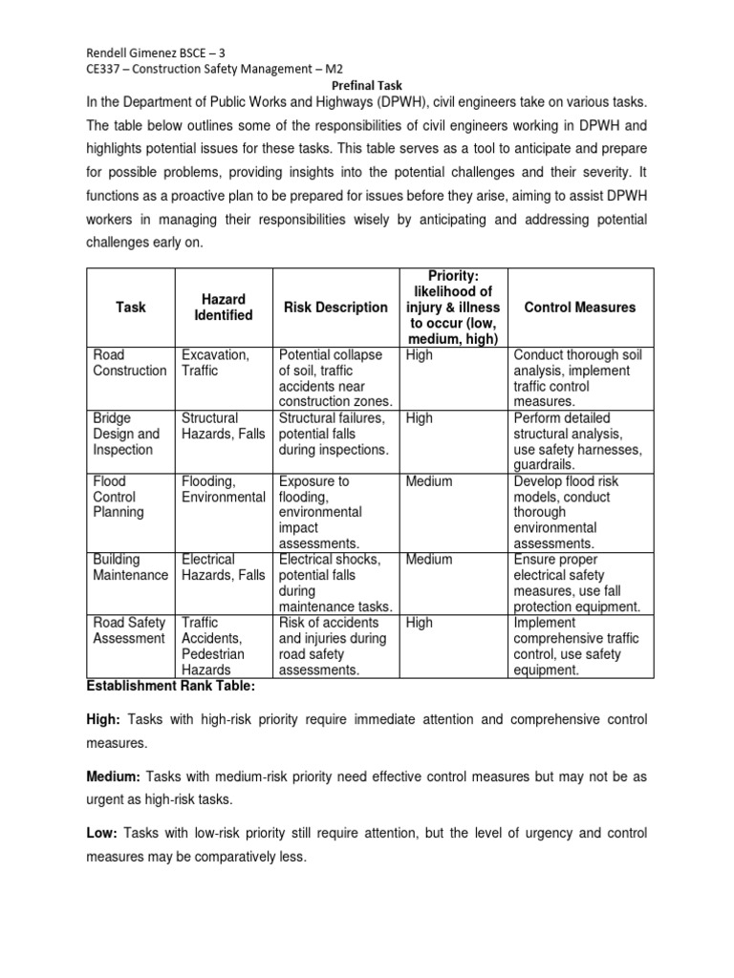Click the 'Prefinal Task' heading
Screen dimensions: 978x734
click(366, 84)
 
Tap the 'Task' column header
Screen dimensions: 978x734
click(131, 308)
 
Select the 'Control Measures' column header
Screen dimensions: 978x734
click(580, 308)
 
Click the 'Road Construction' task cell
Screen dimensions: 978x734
click(130, 363)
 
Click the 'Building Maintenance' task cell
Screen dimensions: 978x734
click(130, 567)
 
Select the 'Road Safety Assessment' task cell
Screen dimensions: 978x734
click(130, 630)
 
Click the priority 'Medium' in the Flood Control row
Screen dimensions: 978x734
click(429, 481)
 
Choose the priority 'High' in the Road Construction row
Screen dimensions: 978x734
click(419, 355)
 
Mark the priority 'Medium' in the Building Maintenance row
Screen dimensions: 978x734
click(429, 560)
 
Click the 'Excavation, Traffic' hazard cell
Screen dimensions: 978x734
click(215, 363)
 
